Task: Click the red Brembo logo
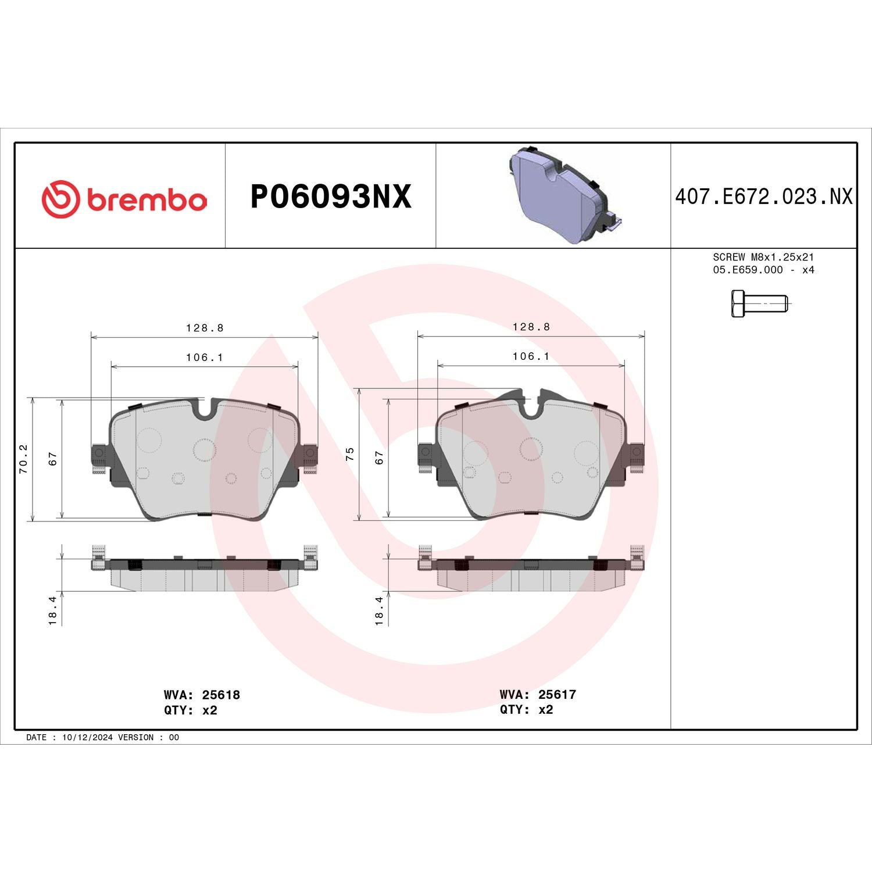[124, 199]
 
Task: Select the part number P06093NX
[330, 196]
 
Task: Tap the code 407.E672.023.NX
[763, 196]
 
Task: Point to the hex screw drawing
[759, 303]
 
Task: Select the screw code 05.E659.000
[748, 270]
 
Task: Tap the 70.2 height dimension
[23, 459]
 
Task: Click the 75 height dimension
[349, 454]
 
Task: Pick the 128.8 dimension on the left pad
[205, 328]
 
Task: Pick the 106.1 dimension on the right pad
[531, 356]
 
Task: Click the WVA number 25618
[221, 695]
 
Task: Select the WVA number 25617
[557, 694]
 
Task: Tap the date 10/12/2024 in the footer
[87, 737]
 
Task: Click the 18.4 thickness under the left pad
[53, 610]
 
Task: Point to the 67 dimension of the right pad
[379, 458]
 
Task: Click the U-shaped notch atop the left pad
[205, 409]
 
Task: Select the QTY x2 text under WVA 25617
[526, 709]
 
